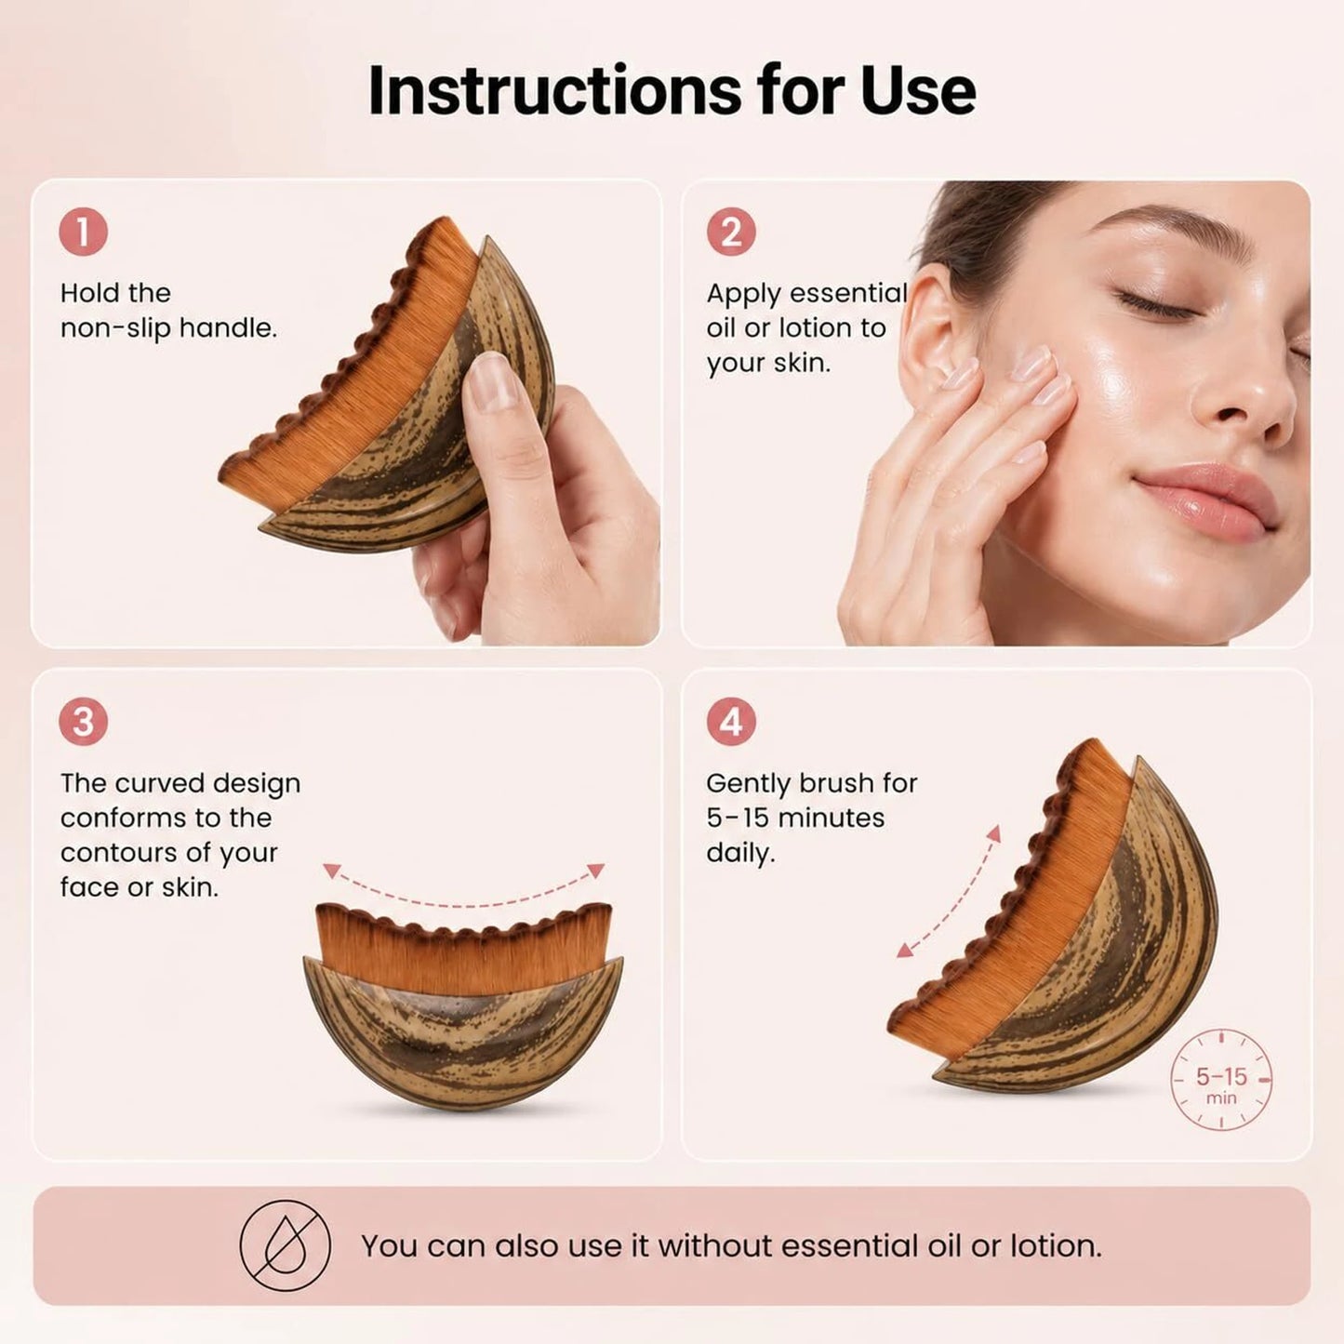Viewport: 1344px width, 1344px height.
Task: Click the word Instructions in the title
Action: (554, 90)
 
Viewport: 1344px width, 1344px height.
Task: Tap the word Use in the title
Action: (918, 90)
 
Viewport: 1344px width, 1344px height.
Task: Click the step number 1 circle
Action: (83, 233)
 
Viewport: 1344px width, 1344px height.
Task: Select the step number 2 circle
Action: (731, 233)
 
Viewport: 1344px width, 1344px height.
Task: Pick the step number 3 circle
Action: (83, 722)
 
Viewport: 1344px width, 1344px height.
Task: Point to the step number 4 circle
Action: (731, 722)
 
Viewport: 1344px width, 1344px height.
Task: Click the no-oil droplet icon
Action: (286, 1245)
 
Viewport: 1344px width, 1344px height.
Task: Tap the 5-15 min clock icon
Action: (1221, 1080)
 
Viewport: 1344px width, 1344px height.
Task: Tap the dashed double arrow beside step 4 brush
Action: (949, 891)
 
